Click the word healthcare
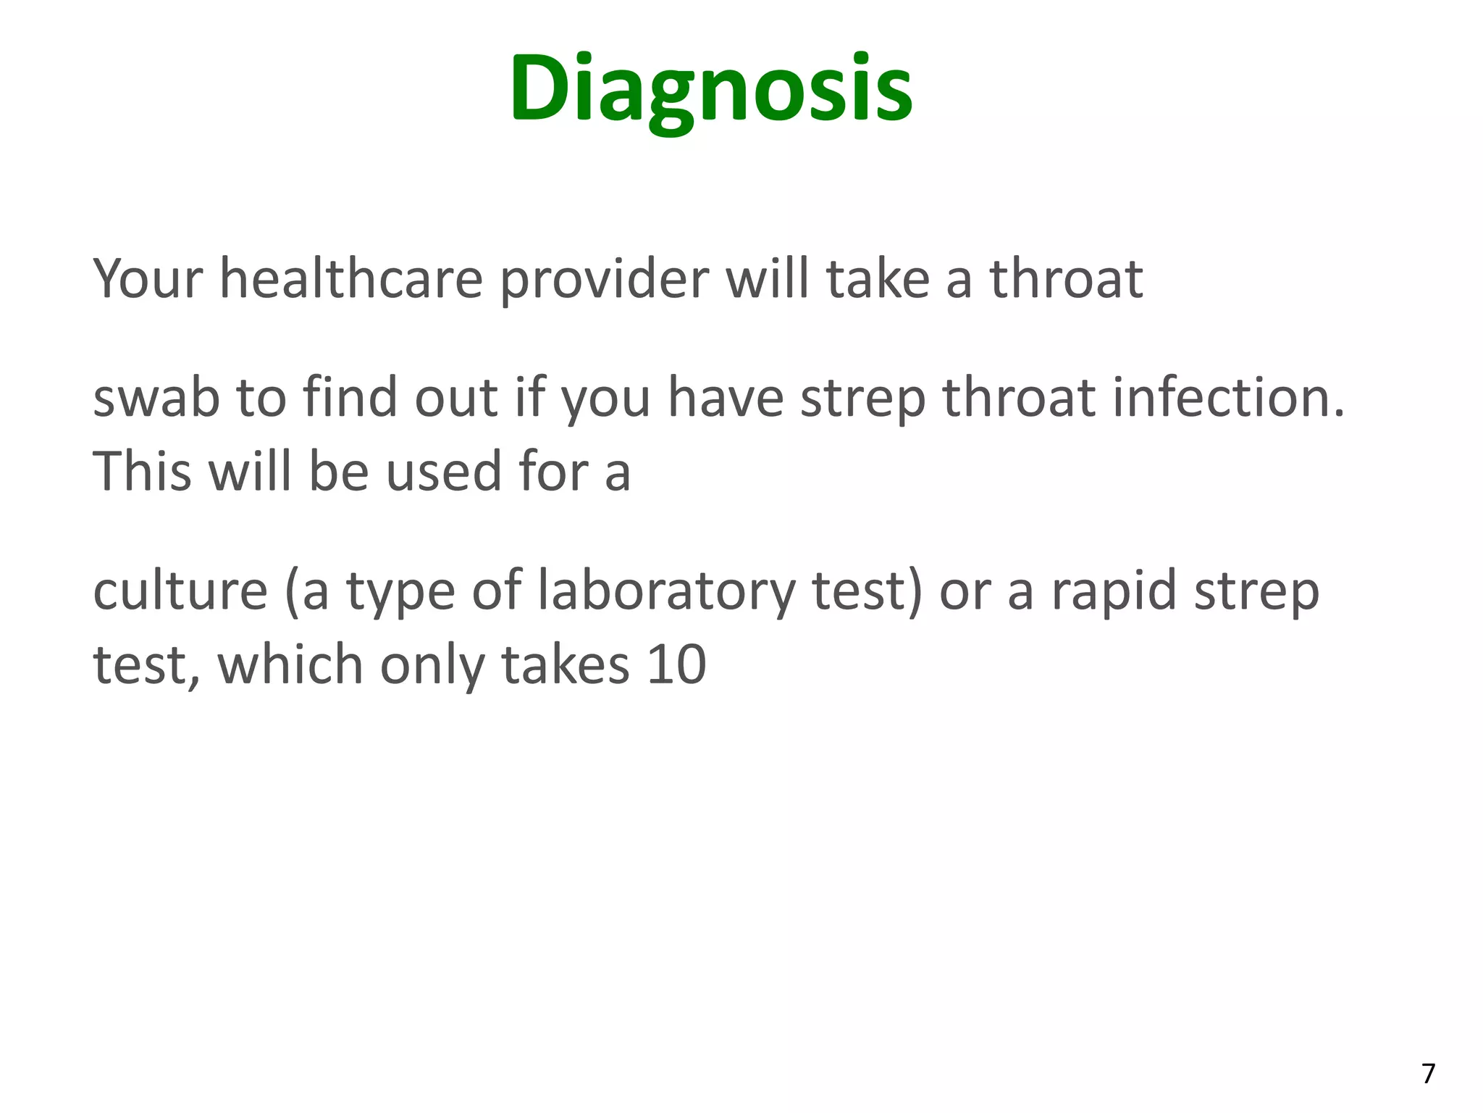[351, 279]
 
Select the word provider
[604, 279]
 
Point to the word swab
[156, 398]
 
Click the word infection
[1229, 398]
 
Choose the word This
[142, 472]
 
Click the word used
[443, 472]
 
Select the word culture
[180, 591]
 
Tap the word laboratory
[666, 591]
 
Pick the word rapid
[1114, 591]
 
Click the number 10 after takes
[676, 664]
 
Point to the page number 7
[1428, 1073]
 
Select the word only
[432, 664]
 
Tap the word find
[350, 398]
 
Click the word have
[726, 398]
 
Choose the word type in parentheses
[400, 591]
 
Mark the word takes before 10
[566, 664]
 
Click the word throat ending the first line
[1066, 279]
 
